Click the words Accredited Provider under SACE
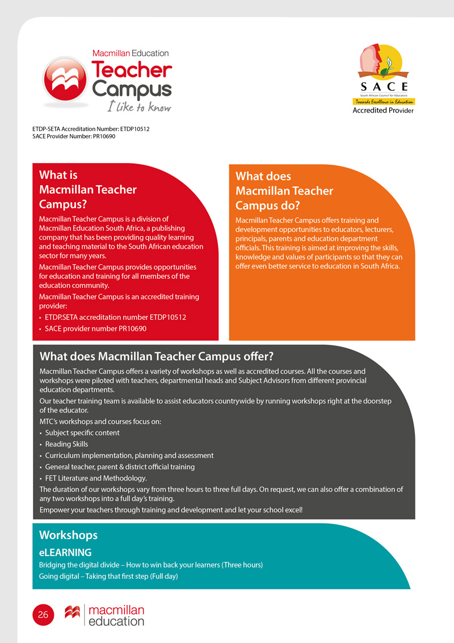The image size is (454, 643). [383, 110]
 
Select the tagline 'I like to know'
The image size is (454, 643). [139, 106]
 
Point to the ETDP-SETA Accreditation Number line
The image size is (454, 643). [91, 129]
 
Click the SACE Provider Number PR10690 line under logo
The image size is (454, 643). [74, 136]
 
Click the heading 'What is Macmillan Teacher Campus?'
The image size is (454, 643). [88, 190]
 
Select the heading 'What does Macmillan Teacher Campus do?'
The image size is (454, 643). [284, 191]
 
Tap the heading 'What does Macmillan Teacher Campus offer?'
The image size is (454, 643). [157, 357]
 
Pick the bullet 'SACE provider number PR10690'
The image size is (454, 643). [95, 329]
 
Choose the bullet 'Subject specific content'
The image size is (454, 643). [82, 433]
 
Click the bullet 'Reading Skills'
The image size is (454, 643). [66, 444]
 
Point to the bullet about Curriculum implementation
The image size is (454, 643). [129, 456]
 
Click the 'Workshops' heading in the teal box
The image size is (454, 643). [68, 535]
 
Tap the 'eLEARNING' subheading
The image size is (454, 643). [65, 552]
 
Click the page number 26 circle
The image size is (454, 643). [43, 615]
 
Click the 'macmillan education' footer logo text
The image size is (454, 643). [117, 616]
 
